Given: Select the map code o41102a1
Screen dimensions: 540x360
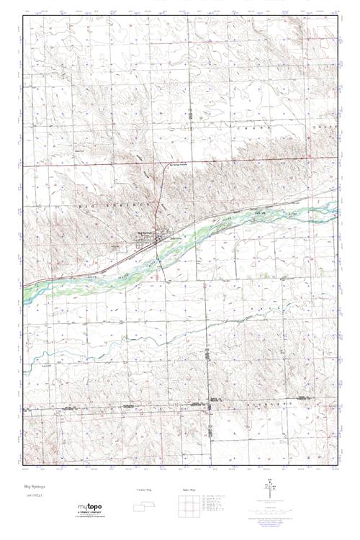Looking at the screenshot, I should click(34, 497).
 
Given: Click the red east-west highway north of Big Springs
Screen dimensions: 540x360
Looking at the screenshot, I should click(86, 166).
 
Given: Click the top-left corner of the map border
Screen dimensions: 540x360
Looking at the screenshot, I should click(24, 16).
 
